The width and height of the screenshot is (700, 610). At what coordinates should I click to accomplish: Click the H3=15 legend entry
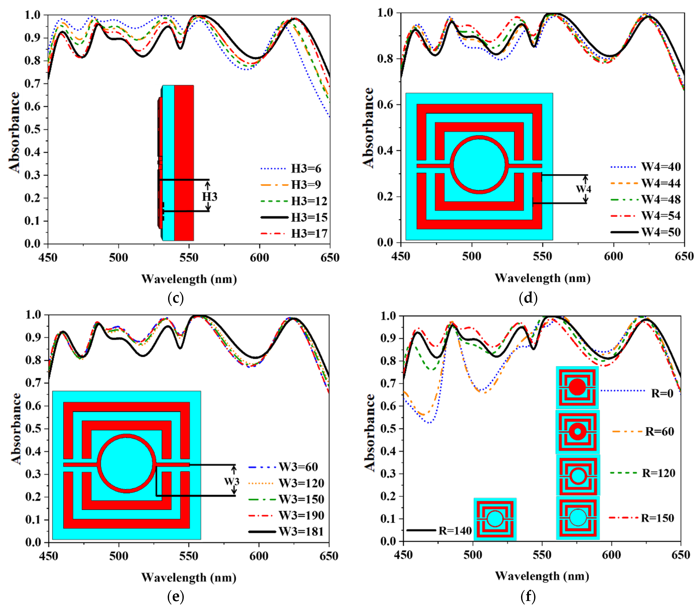(x=309, y=217)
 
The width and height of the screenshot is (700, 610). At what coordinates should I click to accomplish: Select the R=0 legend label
(x=662, y=393)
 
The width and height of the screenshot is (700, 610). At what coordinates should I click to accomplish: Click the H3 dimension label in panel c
(x=210, y=197)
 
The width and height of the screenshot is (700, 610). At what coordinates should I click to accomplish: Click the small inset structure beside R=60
(x=577, y=432)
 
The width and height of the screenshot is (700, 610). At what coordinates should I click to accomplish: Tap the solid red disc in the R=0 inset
(x=577, y=387)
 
